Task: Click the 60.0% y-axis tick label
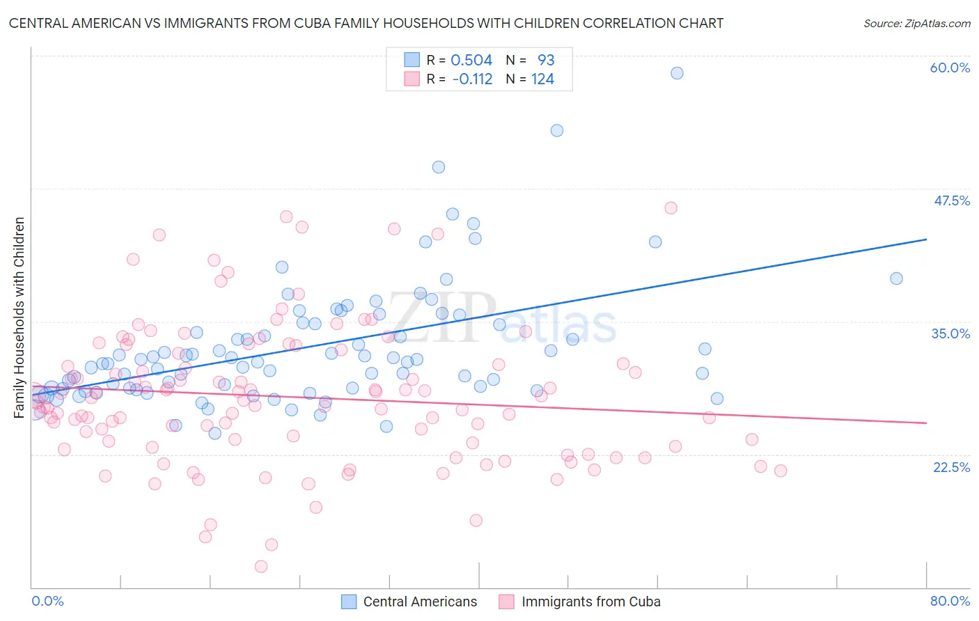(950, 68)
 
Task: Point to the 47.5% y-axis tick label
(951, 201)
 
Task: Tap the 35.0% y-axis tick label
(950, 333)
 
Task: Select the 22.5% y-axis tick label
(951, 467)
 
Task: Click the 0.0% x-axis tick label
(47, 601)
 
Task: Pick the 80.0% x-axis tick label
(950, 601)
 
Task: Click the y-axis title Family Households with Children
(19, 317)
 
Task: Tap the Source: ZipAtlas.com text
(916, 24)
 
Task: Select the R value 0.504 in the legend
(471, 60)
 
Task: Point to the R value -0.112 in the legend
(472, 79)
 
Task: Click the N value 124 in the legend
(542, 79)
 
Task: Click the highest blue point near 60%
(677, 73)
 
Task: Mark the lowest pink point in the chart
(261, 567)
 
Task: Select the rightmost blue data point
(896, 278)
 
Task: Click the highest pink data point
(671, 207)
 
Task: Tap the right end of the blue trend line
(926, 239)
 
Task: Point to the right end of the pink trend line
(926, 423)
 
